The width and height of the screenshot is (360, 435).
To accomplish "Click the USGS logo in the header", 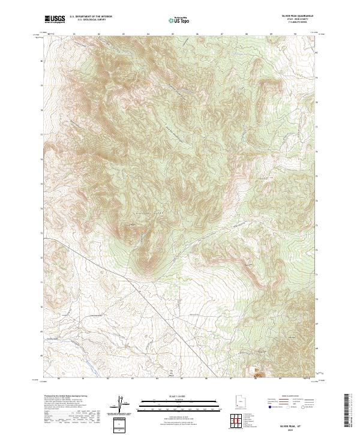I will coord(55,19).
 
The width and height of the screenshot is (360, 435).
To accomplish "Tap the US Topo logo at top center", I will coord(180,19).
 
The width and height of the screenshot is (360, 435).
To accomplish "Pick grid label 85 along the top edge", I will coord(173,33).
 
